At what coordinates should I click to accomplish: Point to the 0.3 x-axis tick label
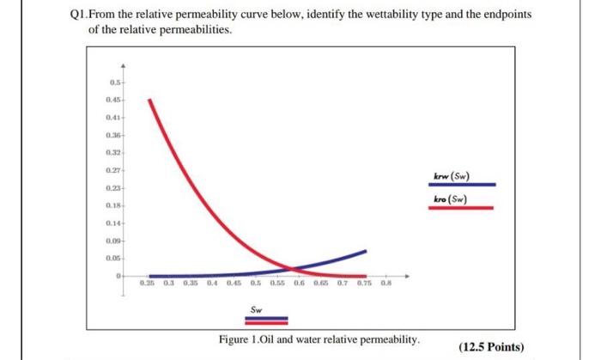coord(170,282)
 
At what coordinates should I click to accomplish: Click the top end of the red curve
coord(149,99)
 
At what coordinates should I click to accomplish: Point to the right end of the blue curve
coord(367,251)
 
